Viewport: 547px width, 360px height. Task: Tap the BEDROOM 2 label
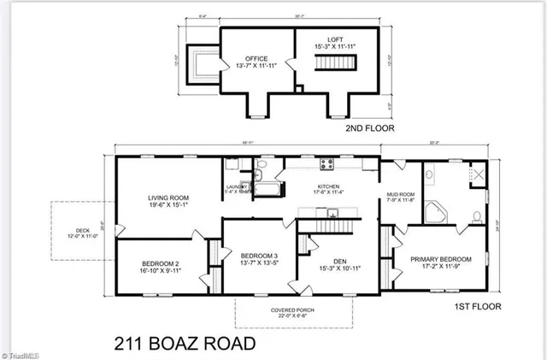pyautogui.click(x=160, y=263)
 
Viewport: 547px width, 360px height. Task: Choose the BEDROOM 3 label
pyautogui.click(x=259, y=256)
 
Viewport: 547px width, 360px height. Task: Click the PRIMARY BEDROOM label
pyautogui.click(x=440, y=259)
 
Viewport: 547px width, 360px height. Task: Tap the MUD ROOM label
pyautogui.click(x=400, y=193)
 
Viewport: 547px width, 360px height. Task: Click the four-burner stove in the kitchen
pyautogui.click(x=327, y=164)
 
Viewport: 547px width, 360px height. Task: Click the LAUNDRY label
pyautogui.click(x=237, y=186)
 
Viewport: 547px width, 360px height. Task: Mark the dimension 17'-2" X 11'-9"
pyautogui.click(x=440, y=267)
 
